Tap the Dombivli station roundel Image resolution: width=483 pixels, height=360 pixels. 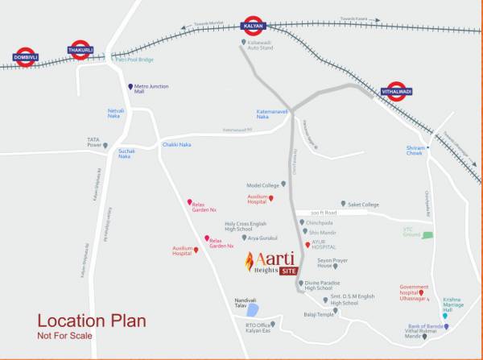pyautogui.click(x=26, y=57)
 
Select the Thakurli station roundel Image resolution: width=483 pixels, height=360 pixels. pyautogui.click(x=80, y=50)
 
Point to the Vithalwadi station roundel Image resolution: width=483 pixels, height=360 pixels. pyautogui.click(x=396, y=90)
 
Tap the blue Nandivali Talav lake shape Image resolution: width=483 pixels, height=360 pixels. pyautogui.click(x=253, y=309)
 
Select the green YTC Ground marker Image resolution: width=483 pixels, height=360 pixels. pyautogui.click(x=427, y=235)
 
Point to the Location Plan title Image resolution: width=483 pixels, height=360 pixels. pyautogui.click(x=92, y=321)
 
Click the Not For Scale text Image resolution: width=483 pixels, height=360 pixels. pyautogui.click(x=65, y=335)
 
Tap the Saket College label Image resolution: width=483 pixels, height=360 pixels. pyautogui.click(x=363, y=205)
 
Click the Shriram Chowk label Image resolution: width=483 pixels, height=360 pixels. pyautogui.click(x=415, y=151)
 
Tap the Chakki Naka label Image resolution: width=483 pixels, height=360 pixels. pyautogui.click(x=176, y=144)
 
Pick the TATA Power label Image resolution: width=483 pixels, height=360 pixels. pyautogui.click(x=94, y=143)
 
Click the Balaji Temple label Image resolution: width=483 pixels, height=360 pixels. pyautogui.click(x=318, y=314)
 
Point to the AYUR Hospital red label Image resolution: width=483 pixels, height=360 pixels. pyautogui.click(x=324, y=246)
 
